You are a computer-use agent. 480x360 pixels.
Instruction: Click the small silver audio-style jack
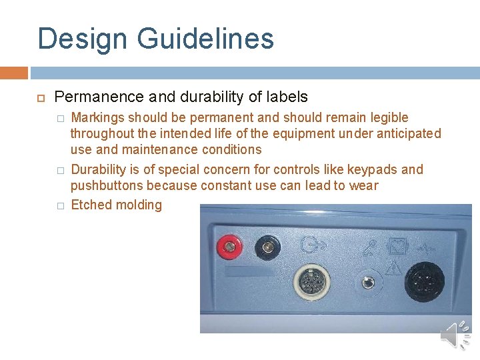(x=367, y=283)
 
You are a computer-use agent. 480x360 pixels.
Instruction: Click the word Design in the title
(x=79, y=39)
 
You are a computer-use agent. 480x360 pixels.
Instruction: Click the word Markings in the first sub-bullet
(x=97, y=117)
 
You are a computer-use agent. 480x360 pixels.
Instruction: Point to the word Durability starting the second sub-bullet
(x=101, y=169)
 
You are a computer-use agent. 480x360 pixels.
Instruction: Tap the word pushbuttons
(x=106, y=185)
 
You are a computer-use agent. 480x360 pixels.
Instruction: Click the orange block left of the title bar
(x=13, y=72)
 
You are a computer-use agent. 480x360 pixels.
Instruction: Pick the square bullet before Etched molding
(x=60, y=206)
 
